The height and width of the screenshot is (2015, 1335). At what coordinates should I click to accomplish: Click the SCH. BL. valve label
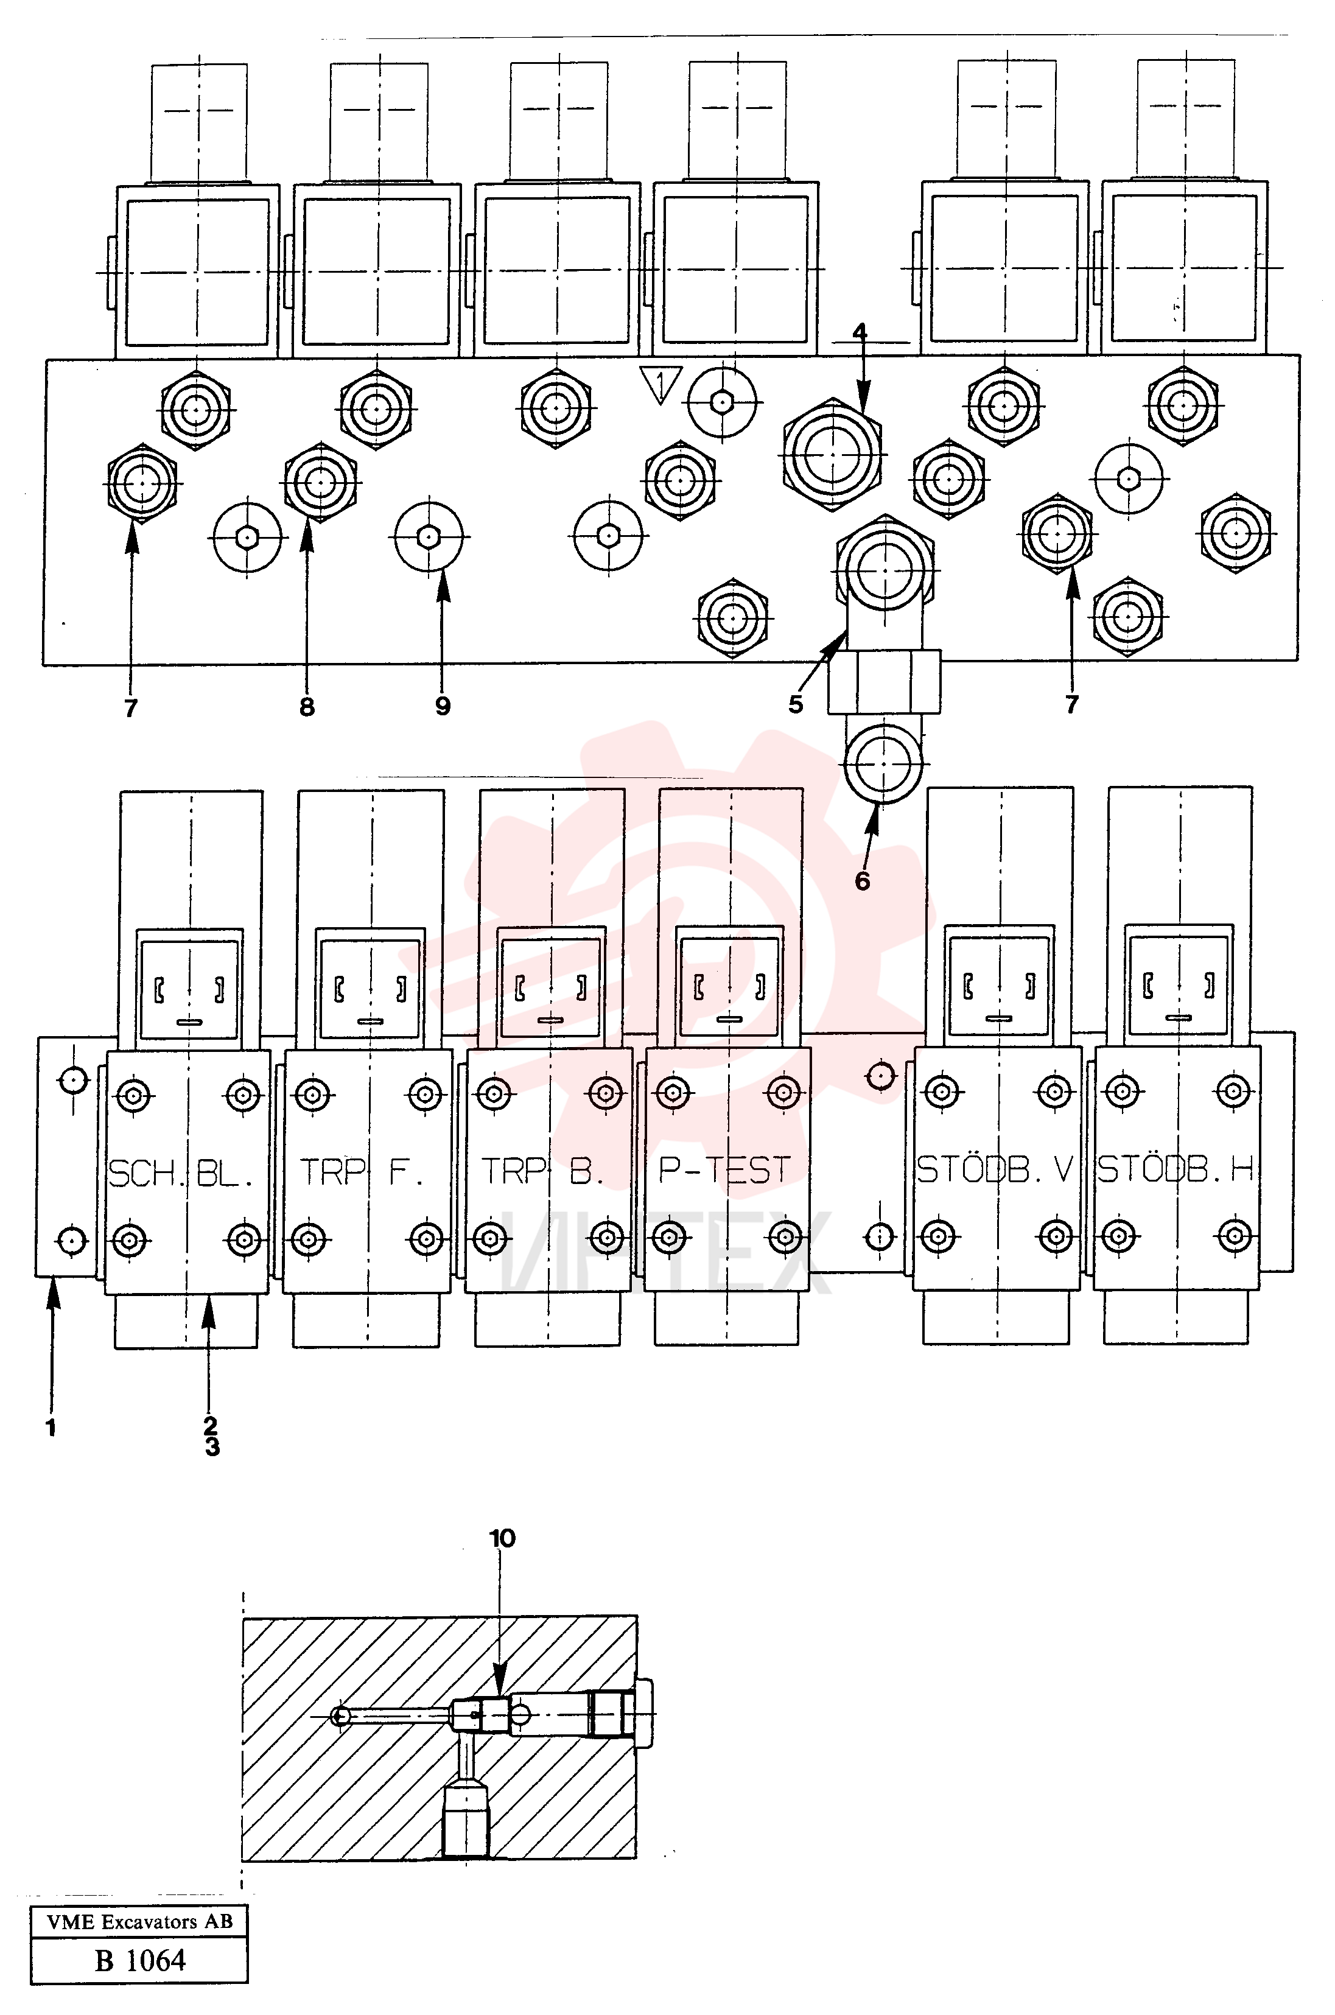click(x=181, y=1174)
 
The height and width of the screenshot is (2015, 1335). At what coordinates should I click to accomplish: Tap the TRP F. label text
click(x=361, y=1172)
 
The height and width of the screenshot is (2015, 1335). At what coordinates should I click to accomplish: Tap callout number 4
click(x=860, y=331)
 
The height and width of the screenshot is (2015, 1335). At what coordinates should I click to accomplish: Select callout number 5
click(x=795, y=704)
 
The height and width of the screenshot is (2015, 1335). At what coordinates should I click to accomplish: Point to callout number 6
click(x=863, y=881)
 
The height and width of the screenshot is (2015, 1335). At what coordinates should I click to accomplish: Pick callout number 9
click(x=443, y=706)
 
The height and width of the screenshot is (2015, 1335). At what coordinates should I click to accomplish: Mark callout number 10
click(x=502, y=1538)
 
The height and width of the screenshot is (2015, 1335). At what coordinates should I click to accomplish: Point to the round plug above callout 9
click(x=429, y=536)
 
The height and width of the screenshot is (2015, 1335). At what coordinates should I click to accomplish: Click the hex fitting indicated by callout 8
click(x=319, y=482)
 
